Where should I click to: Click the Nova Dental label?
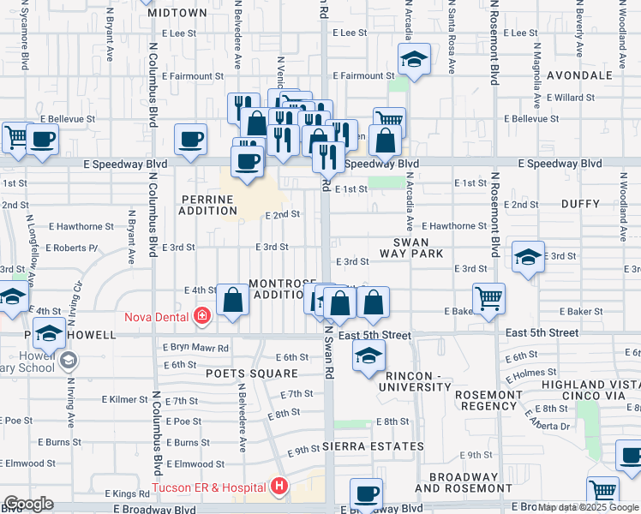pyautogui.click(x=162, y=317)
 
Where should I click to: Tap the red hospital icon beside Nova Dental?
pyautogui.click(x=202, y=317)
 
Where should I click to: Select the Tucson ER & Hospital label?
pyautogui.click(x=208, y=487)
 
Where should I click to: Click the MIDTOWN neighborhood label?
pyautogui.click(x=177, y=13)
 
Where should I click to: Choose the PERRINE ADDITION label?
pyautogui.click(x=207, y=205)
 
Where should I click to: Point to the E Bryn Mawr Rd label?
pyautogui.click(x=195, y=348)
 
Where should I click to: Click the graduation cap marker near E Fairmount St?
pyautogui.click(x=413, y=60)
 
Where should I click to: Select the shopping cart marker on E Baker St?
pyautogui.click(x=488, y=299)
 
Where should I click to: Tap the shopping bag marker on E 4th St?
pyautogui.click(x=232, y=300)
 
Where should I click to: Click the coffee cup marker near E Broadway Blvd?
pyautogui.click(x=366, y=493)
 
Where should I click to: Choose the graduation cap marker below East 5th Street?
pyautogui.click(x=368, y=356)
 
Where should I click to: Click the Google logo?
pyautogui.click(x=28, y=504)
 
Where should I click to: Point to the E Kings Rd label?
pyautogui.click(x=127, y=494)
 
